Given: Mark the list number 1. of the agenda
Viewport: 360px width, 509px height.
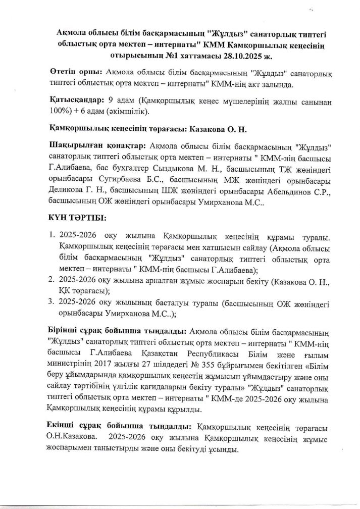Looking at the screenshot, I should click(52, 236).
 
